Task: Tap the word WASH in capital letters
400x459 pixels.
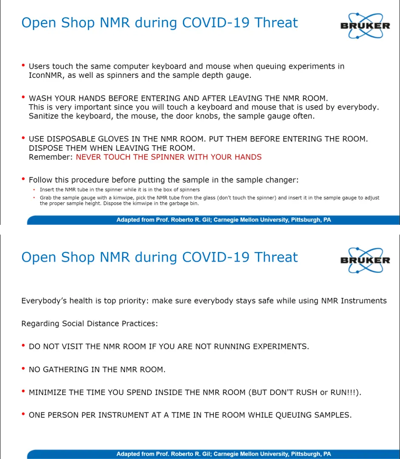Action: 40,98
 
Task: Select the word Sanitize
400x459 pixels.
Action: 44,116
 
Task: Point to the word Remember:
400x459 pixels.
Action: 51,157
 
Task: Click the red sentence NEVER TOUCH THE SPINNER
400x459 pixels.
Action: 169,157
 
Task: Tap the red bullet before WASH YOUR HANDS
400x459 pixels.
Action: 23,97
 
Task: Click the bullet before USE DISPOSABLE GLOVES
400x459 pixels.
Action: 23,138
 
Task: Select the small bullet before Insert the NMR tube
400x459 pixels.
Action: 34,190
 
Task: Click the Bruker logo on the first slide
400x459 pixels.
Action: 365,25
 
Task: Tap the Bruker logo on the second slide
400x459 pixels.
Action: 365,260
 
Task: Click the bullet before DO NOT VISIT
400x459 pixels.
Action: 23,346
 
